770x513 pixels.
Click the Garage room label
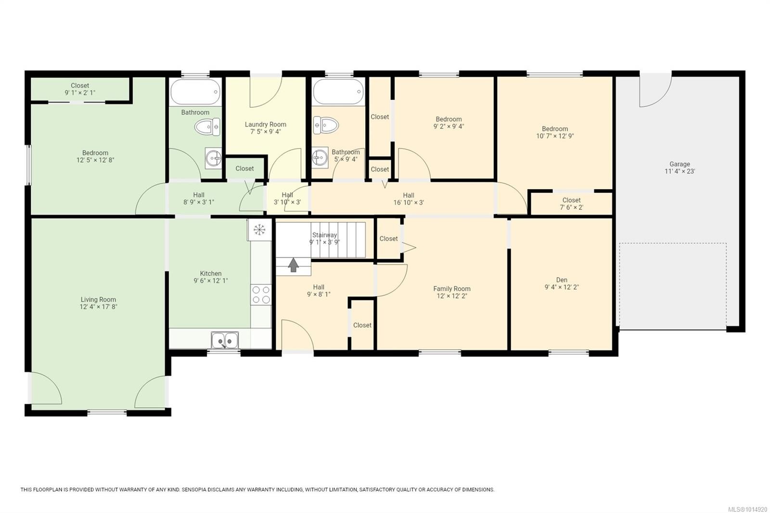(680, 164)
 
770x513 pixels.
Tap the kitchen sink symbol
(225, 340)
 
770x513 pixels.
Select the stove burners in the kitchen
(261, 295)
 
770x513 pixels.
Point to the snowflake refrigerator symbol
(259, 230)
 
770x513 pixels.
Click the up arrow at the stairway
(293, 265)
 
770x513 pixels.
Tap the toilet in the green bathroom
(207, 127)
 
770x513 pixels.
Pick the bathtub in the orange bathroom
(338, 91)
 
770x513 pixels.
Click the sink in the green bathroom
(213, 158)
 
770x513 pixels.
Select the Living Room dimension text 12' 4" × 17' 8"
(98, 307)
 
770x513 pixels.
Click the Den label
(562, 280)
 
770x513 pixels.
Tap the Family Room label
(451, 289)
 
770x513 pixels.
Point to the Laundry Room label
(265, 124)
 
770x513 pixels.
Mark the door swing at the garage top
(654, 91)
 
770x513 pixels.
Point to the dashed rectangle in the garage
(672, 286)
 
